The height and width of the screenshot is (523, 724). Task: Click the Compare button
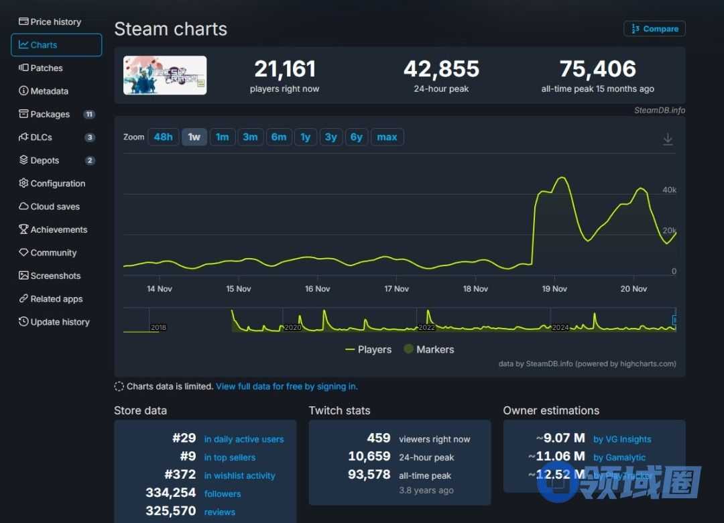tap(654, 29)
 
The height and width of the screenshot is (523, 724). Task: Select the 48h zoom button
tap(163, 137)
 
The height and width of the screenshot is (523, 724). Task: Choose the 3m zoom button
tap(250, 137)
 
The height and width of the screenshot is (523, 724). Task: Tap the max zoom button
tap(387, 137)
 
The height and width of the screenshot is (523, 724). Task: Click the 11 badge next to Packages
tap(89, 114)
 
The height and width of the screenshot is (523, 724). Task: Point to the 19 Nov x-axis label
tap(554, 289)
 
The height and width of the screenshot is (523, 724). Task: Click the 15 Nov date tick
tap(239, 289)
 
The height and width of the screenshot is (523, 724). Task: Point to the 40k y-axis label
tap(669, 190)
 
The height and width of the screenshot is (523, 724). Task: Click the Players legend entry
tap(368, 349)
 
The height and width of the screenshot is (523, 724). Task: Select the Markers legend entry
tap(428, 349)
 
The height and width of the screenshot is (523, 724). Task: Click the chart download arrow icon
tap(668, 139)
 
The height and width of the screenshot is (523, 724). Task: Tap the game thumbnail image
tap(165, 75)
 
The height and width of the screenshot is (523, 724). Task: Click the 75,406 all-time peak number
tap(597, 69)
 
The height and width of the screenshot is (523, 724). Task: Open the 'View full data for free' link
tap(286, 386)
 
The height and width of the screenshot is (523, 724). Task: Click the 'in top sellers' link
tap(229, 457)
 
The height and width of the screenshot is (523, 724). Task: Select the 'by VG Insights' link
tap(622, 439)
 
